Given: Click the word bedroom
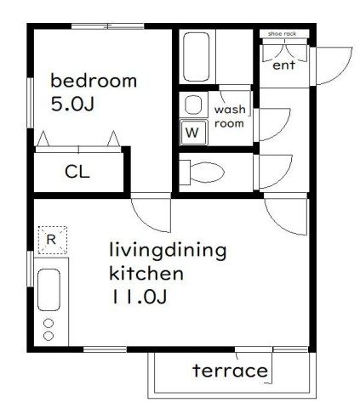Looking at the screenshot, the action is [x=94, y=81].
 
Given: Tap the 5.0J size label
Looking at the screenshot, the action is [x=72, y=104].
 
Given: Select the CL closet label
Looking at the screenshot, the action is [x=77, y=172].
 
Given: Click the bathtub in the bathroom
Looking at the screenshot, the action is [x=197, y=57].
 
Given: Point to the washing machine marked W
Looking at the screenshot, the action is [x=194, y=132].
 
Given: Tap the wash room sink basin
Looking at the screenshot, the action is [x=193, y=105].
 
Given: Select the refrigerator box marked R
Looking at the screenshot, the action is [x=53, y=240].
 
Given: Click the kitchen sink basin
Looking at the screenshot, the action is [x=49, y=290].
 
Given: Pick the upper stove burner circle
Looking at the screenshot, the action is [x=49, y=323].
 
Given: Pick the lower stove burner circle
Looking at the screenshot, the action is [x=49, y=336].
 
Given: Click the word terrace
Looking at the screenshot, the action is [x=230, y=371].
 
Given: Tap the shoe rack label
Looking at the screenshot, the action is [x=282, y=34].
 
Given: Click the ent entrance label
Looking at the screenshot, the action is [x=283, y=65].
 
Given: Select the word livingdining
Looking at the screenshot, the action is [x=168, y=251].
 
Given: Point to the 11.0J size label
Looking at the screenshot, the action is [x=140, y=297].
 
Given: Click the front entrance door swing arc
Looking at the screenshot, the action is [x=344, y=73].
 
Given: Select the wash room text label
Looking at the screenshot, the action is [x=230, y=116].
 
